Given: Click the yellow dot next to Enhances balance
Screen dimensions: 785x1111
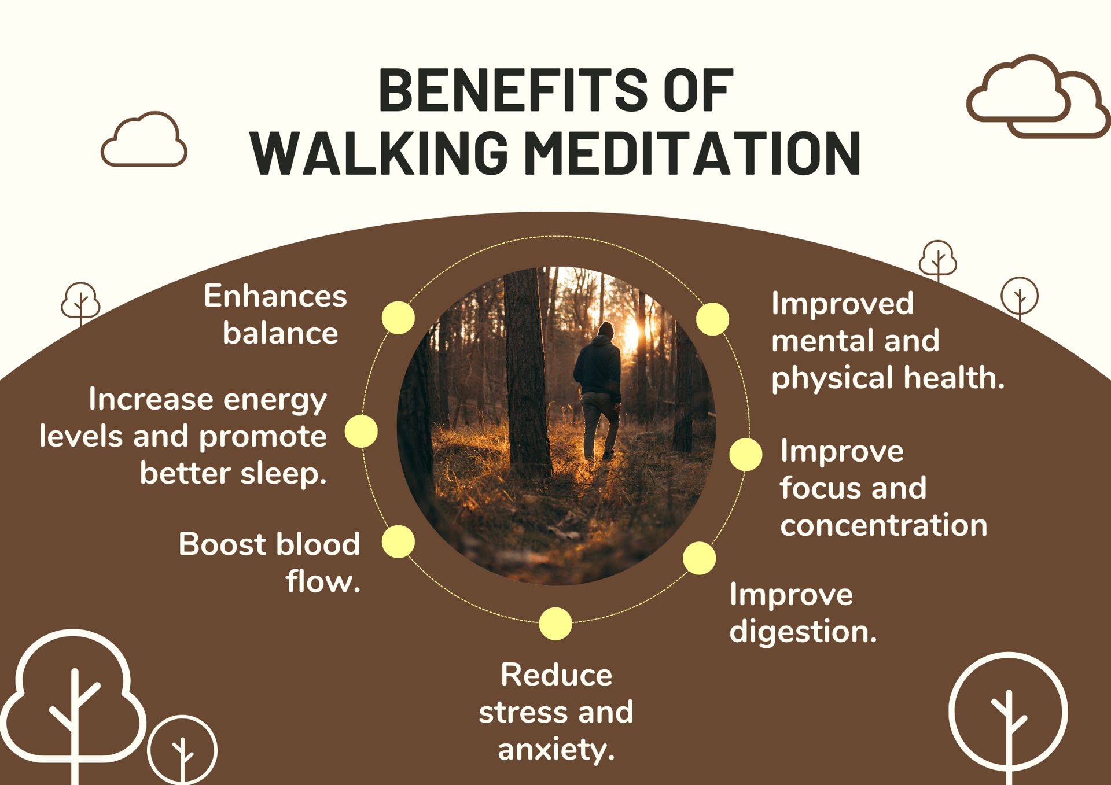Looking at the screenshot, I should pos(398,318).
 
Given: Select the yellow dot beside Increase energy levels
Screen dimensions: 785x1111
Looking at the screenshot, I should pos(361,431).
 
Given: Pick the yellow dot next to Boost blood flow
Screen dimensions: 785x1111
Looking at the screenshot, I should pos(398,541).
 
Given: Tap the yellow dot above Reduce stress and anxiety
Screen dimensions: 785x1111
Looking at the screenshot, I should pos(555,624).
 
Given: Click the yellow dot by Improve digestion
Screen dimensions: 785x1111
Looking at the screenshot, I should pos(699,558).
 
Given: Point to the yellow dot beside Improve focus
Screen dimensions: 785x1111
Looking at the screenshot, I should pos(745,454).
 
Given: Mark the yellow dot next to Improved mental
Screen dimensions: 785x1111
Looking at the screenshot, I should pos(712,319).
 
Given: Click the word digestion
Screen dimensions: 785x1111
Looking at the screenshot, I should pos(803,632).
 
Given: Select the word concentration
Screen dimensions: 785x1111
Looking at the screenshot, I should pos(883,525).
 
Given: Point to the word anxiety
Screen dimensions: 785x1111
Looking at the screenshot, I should pos(555,750).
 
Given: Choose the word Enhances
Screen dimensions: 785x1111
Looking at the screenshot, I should pos(275,297).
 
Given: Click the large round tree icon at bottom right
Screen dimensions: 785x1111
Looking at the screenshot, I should pos(1008,713).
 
